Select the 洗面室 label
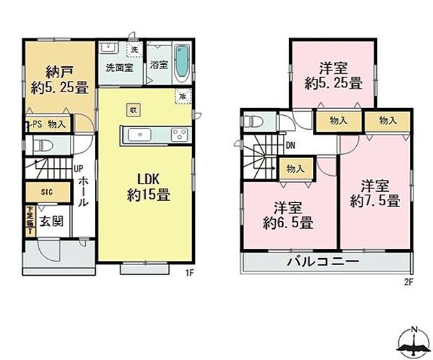(x=118, y=68)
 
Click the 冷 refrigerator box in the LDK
(x=182, y=96)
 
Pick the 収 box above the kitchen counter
(x=132, y=109)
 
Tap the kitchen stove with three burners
(x=177, y=134)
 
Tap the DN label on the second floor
(x=290, y=146)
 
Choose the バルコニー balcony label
(x=323, y=262)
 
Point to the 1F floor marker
(x=189, y=273)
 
